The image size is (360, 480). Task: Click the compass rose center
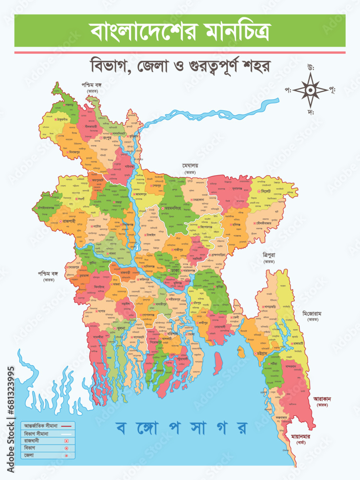[x=311, y=89]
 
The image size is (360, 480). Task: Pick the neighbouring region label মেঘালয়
[x=191, y=166]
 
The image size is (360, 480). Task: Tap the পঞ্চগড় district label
[x=70, y=104]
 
